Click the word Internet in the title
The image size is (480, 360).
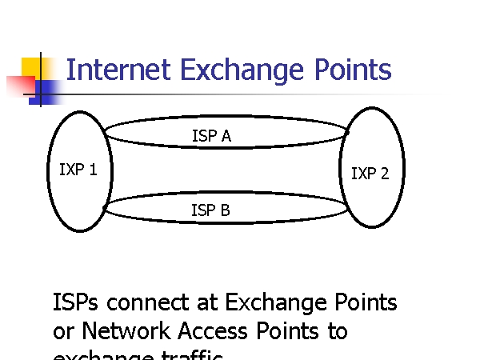point(118,70)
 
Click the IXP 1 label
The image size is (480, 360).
point(78,170)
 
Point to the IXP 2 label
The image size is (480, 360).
point(370,174)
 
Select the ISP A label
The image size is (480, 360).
point(211,136)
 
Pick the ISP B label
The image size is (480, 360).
point(210,210)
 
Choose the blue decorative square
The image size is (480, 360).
point(46,91)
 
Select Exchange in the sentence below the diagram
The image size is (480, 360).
point(276,303)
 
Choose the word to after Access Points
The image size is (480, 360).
point(337,330)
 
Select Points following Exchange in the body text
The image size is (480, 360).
point(365,303)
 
